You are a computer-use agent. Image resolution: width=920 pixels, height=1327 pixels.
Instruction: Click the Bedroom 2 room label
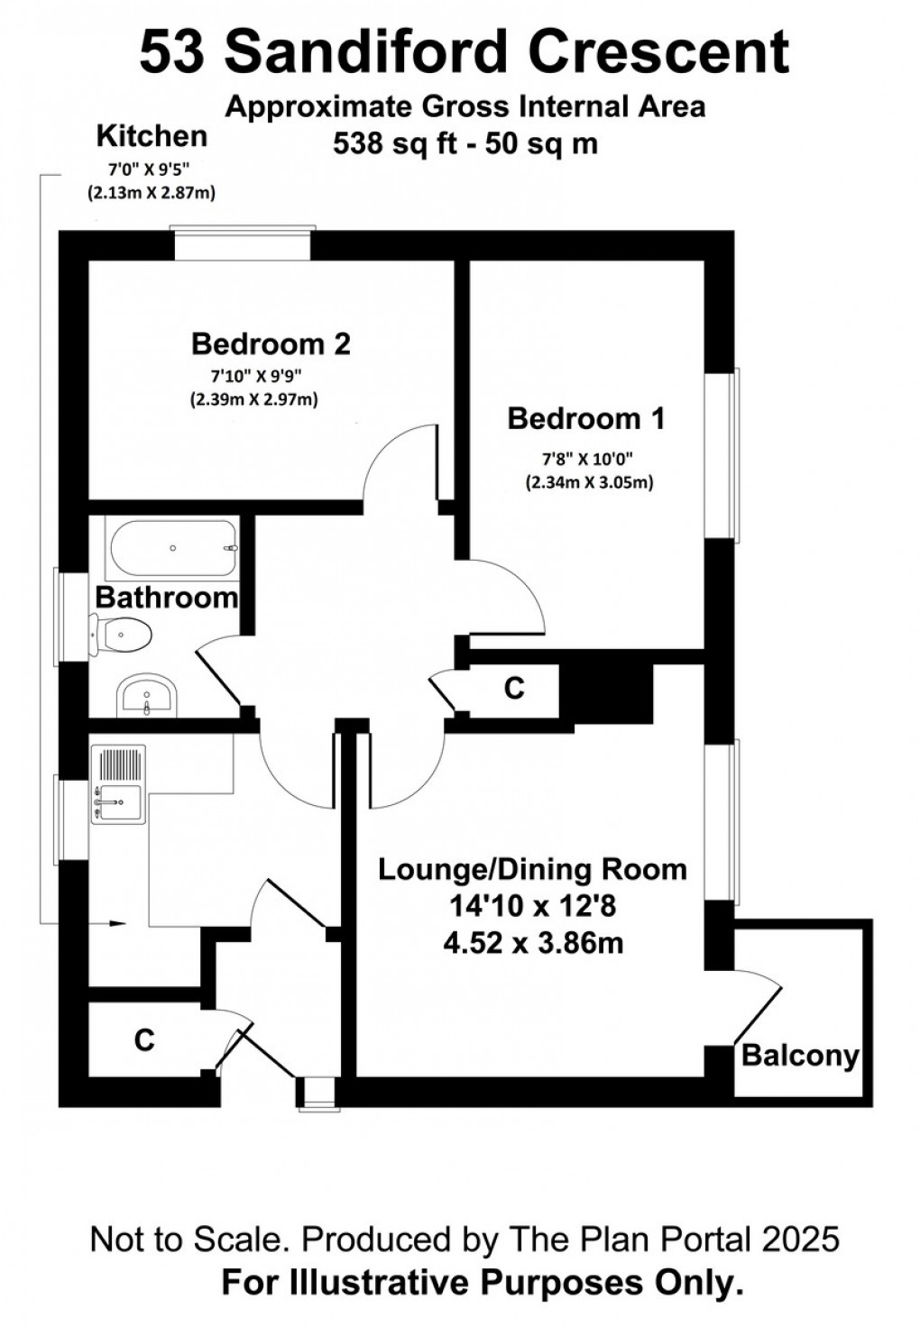271,343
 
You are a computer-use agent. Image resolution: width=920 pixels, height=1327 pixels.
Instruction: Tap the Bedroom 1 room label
585,418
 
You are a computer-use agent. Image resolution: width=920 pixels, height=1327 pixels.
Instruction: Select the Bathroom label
166,598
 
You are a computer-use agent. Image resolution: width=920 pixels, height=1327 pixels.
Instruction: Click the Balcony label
800,1055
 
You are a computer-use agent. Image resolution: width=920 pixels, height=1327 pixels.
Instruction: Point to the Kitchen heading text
152,136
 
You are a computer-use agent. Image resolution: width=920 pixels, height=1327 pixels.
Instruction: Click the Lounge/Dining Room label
532,869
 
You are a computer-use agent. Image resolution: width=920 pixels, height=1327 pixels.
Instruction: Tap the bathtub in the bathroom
171,548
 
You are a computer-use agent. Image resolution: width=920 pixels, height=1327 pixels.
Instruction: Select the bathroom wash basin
146,697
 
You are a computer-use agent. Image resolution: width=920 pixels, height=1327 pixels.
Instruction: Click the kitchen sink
117,801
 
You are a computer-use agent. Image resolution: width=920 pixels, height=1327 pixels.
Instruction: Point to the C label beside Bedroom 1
513,689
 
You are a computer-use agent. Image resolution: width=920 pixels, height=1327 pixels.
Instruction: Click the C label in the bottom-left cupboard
144,1040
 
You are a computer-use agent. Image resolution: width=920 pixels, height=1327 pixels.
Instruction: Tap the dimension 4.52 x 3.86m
533,943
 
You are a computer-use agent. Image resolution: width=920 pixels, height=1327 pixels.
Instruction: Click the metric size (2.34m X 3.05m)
589,482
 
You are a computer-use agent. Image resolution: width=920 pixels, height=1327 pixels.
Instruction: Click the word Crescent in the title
659,52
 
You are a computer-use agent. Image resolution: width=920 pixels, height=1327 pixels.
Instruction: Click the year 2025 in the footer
800,1240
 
